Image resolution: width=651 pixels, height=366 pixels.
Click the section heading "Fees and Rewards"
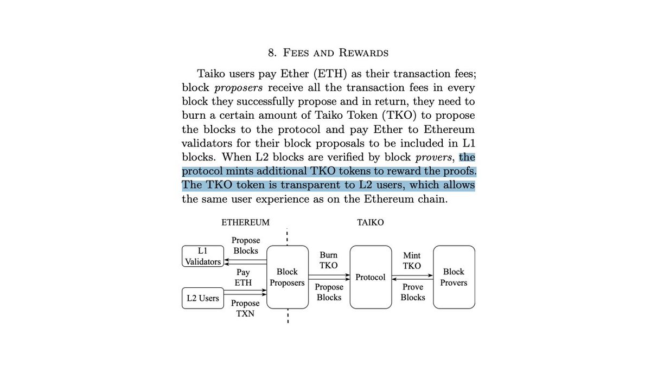(x=328, y=53)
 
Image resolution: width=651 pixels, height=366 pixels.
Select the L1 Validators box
(x=202, y=256)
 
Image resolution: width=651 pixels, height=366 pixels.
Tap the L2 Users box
(x=202, y=298)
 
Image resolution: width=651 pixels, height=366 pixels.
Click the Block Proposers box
(x=287, y=277)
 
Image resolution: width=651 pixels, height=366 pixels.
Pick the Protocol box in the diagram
(x=371, y=277)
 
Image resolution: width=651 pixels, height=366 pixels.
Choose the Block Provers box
(x=454, y=277)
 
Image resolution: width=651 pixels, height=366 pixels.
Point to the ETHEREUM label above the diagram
(x=245, y=222)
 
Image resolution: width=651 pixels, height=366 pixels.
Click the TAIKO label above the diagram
(x=370, y=222)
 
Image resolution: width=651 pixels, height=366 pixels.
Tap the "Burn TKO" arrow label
(x=329, y=260)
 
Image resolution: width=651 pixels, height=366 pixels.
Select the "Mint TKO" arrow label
(x=412, y=260)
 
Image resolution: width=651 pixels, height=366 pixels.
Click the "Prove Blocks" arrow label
(x=413, y=292)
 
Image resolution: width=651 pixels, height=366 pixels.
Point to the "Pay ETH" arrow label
(x=242, y=277)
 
